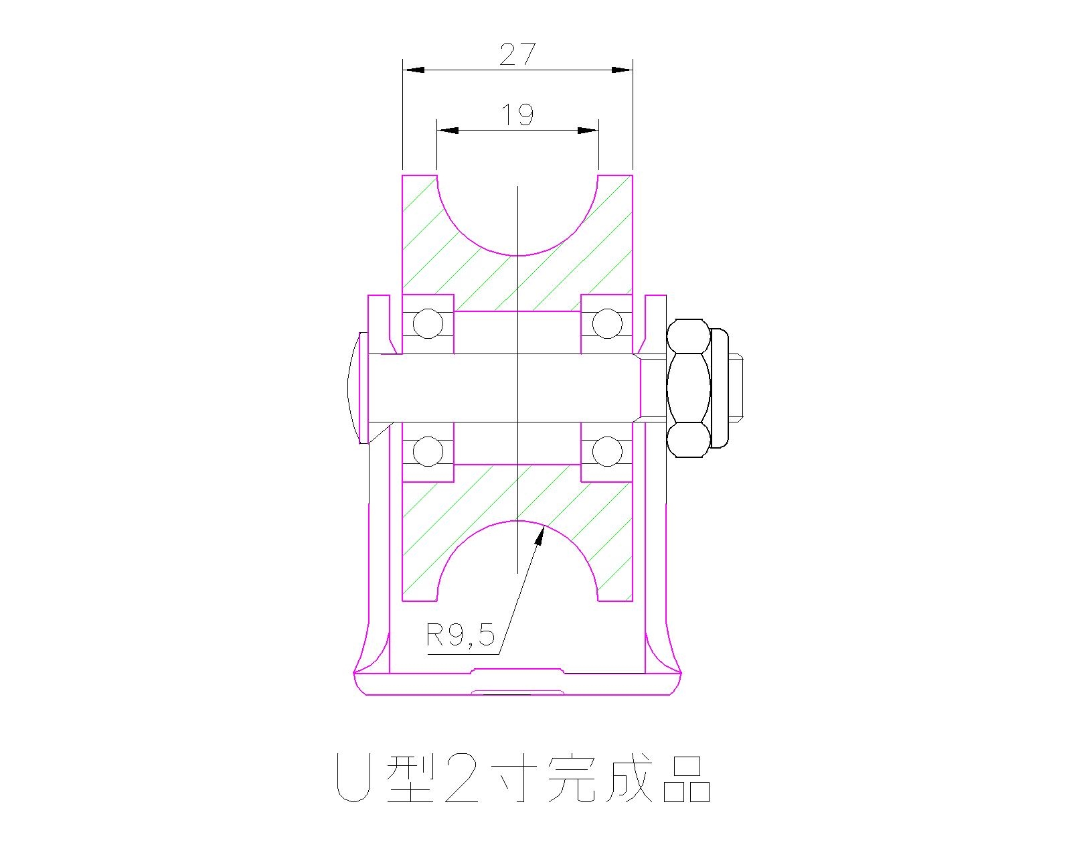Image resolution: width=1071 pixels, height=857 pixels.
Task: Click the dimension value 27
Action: [517, 54]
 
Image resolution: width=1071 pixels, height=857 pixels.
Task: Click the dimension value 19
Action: [517, 115]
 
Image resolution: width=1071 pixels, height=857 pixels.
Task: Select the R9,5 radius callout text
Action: [461, 635]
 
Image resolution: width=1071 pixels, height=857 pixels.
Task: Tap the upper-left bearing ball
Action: [428, 324]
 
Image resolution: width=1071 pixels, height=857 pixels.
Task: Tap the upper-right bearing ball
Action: [607, 324]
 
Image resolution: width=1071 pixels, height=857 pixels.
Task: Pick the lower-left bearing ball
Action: [428, 451]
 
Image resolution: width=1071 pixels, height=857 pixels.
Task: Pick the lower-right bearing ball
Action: [607, 451]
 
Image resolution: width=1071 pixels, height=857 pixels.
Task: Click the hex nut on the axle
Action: [688, 388]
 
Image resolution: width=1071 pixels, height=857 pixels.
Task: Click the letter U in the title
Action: [352, 779]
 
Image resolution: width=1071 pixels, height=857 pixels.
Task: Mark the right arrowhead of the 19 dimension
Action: [588, 131]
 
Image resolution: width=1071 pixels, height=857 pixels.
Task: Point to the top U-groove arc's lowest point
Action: [517, 255]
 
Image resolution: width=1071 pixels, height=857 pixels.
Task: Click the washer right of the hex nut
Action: [719, 388]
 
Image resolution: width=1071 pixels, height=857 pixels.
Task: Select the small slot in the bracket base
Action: [517, 691]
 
